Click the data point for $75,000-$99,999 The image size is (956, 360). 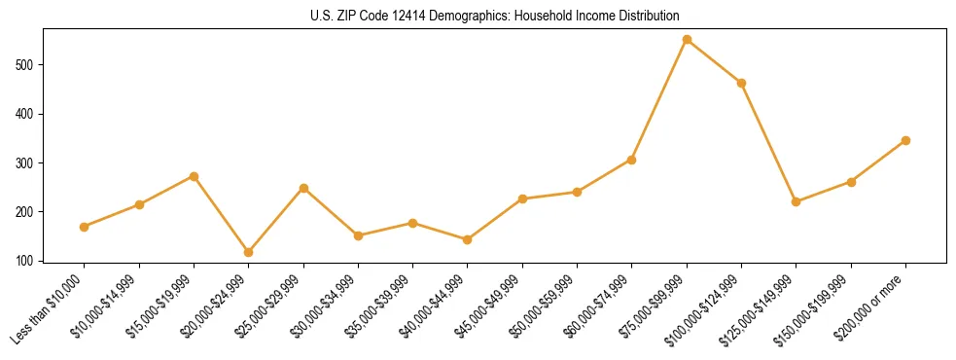(687, 40)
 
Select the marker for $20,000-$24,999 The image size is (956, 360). (249, 252)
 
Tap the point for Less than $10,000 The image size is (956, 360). (85, 227)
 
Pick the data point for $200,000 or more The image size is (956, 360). (905, 140)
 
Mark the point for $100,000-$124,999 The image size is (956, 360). (741, 83)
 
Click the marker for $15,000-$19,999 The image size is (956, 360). (194, 176)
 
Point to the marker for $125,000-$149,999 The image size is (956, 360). (796, 201)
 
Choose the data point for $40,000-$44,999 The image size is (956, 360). (468, 239)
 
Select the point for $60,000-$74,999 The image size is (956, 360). (631, 160)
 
